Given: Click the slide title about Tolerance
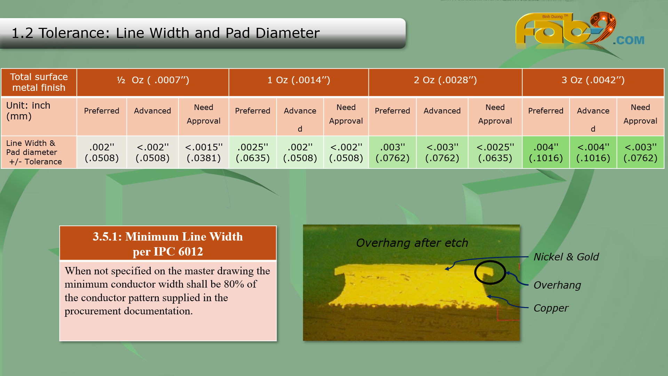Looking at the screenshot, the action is coord(166,33).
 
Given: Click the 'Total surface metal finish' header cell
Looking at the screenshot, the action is coord(39,82).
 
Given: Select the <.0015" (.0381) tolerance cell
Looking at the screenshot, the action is coord(204,152).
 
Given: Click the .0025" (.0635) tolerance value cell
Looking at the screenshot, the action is coord(253,152).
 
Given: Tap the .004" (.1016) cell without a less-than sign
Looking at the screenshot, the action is coord(546,152).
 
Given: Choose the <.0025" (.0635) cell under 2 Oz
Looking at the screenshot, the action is coord(495,152).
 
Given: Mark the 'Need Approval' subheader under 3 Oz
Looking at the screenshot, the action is coord(640,114).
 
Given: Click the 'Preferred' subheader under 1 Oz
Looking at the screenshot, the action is coord(253,111).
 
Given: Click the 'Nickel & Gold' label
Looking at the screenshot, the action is coord(566,257).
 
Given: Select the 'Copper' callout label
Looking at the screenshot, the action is coord(551,308).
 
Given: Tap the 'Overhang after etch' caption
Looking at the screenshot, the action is coord(412,243).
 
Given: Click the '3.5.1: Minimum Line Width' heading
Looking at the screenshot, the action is coord(168,237).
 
